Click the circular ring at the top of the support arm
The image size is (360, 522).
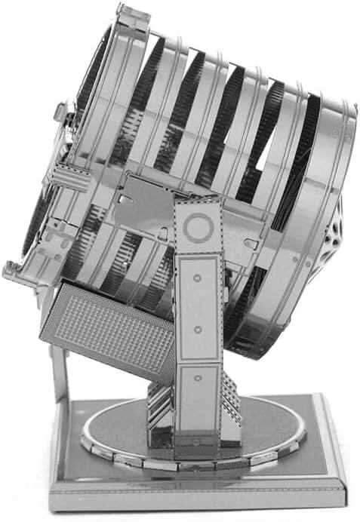[198, 226]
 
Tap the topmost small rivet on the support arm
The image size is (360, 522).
[197, 278]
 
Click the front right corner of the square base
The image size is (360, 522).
[342, 498]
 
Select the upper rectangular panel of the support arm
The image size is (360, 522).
[198, 302]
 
